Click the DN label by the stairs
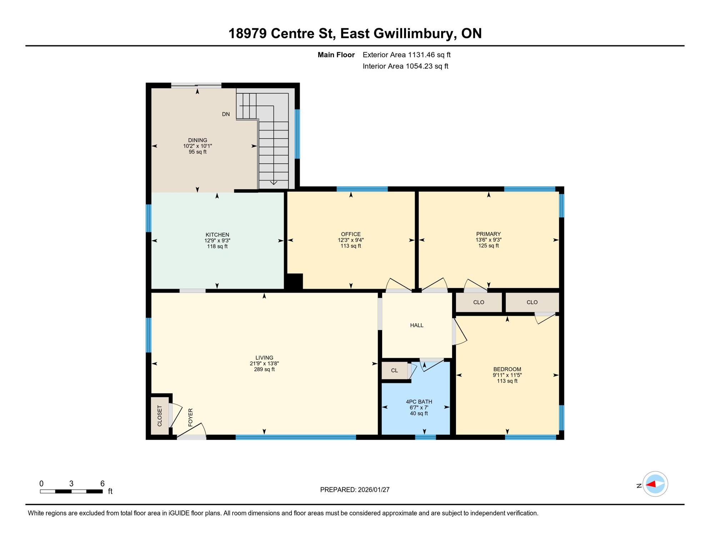[226, 114]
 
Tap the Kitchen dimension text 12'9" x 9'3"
[217, 241]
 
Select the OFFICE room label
[351, 234]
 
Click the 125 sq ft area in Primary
[488, 246]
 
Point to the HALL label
[416, 325]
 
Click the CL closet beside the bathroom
[394, 371]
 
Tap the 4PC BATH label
[419, 402]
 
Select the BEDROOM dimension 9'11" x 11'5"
[507, 375]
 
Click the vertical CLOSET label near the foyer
[160, 416]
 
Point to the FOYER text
[190, 417]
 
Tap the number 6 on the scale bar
[102, 484]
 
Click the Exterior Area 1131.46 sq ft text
[406, 55]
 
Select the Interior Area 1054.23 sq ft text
[405, 66]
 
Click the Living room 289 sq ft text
[264, 370]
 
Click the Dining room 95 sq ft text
[197, 152]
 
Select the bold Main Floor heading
[336, 55]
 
